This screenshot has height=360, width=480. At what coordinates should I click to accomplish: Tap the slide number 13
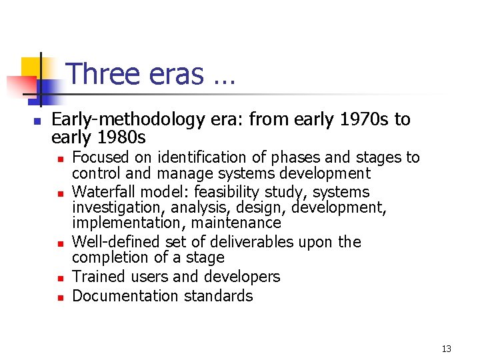pos(447,349)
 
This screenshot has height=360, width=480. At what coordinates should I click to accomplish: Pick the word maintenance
pos(243,223)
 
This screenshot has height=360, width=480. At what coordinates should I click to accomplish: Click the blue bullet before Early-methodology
pos(37,121)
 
